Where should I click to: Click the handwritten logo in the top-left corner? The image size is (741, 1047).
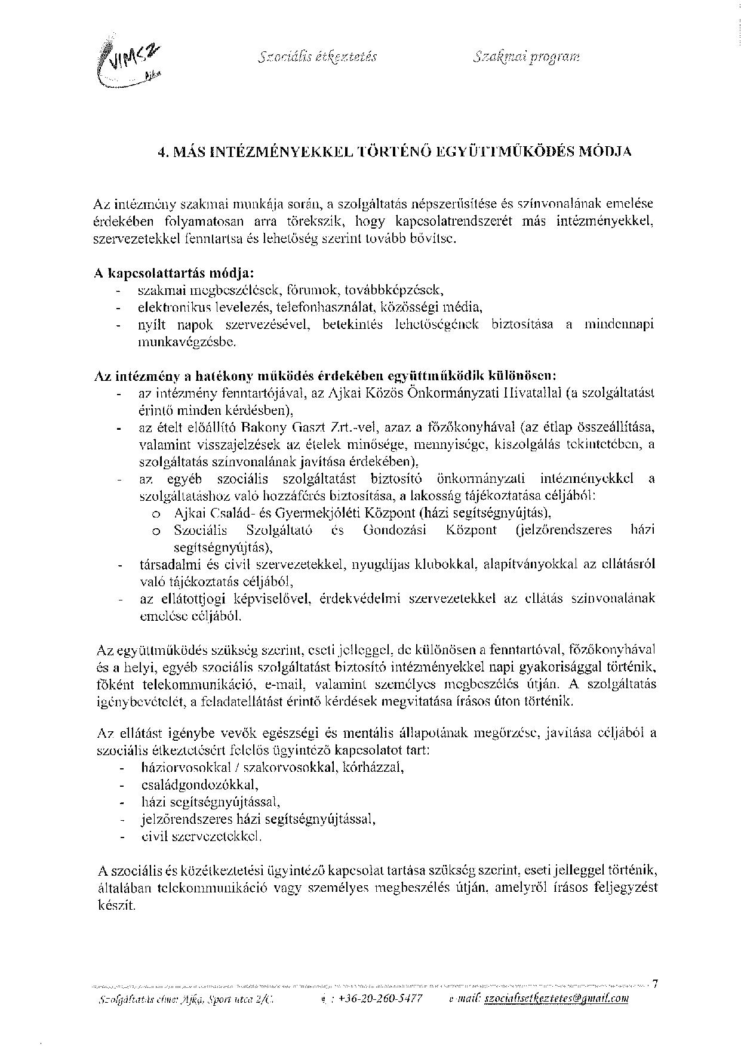(127, 62)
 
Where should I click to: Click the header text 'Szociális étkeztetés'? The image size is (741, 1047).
(318, 57)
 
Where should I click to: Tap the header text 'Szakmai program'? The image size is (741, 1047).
(525, 57)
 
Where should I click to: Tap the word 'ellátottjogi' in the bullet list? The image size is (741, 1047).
(185, 598)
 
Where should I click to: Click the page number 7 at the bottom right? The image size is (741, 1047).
(655, 984)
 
